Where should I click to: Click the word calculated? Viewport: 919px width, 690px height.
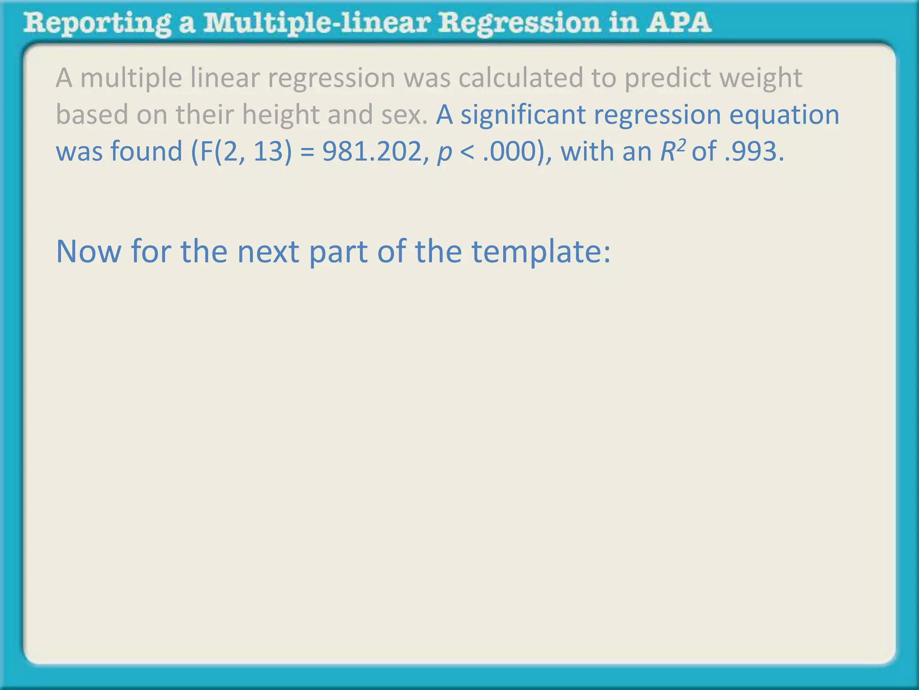tap(520, 78)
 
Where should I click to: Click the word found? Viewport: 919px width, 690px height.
tap(146, 151)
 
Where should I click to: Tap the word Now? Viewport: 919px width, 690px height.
tap(88, 252)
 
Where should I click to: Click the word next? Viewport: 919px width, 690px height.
tap(268, 252)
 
